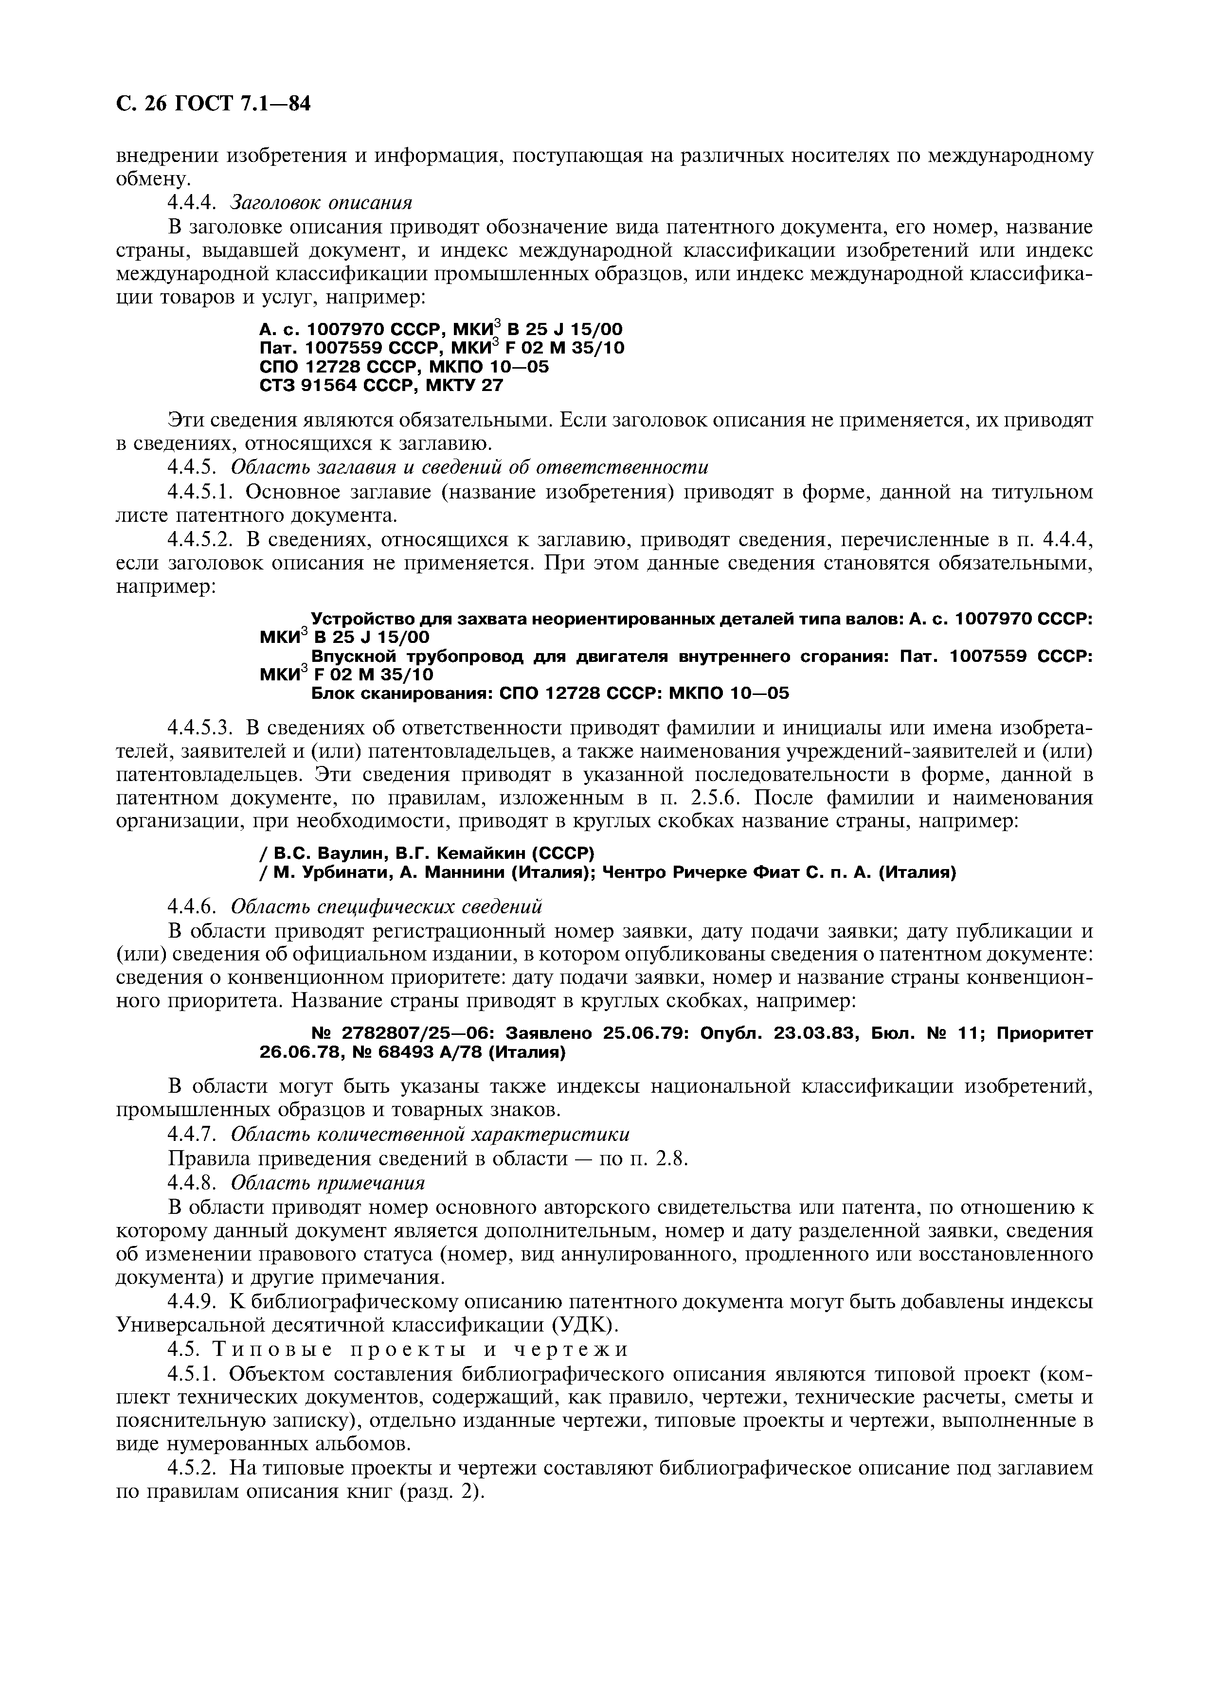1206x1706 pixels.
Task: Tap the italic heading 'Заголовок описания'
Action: [321, 202]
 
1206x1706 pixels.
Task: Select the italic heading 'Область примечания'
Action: [328, 1182]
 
